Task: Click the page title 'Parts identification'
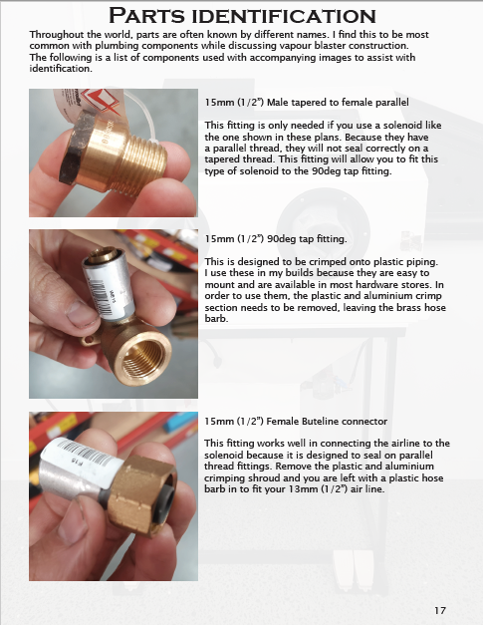click(x=241, y=16)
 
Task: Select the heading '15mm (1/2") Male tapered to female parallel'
click(x=307, y=103)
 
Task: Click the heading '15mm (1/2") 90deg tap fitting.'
click(x=275, y=239)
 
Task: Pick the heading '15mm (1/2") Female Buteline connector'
click(x=295, y=421)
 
